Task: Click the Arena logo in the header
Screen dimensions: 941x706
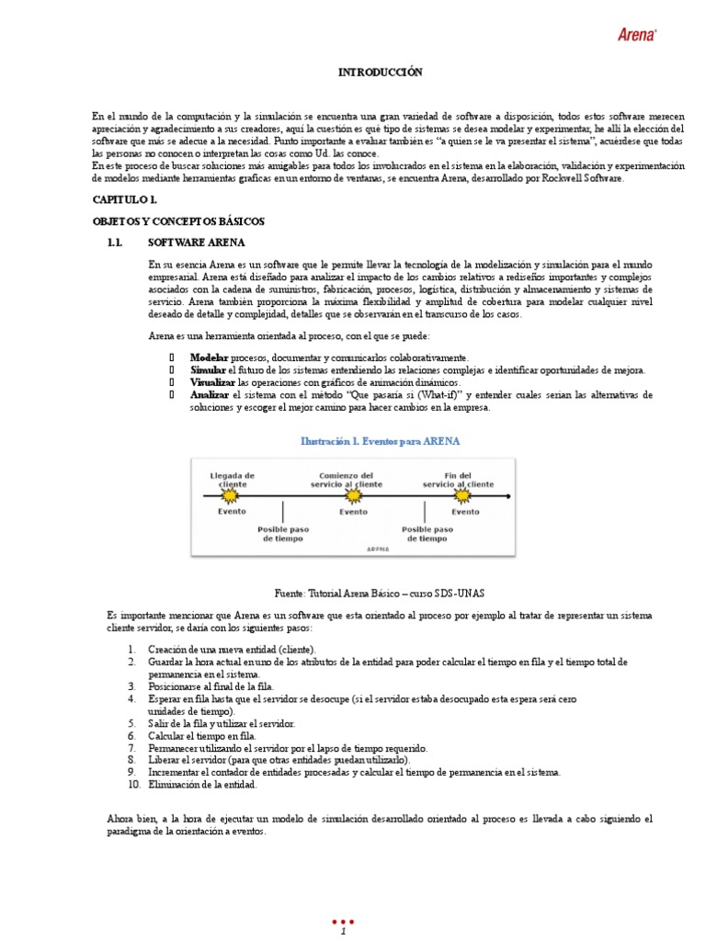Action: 636,34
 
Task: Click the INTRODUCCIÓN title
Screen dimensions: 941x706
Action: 381,72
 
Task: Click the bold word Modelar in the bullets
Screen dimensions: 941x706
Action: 210,357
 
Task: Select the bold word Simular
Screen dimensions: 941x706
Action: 208,369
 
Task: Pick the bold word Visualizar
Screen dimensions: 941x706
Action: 212,381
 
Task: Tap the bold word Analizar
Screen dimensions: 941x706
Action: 210,394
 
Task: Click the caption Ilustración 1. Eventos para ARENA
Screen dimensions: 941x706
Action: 381,441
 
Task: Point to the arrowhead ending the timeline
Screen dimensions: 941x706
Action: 507,497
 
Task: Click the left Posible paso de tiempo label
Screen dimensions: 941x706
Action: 283,534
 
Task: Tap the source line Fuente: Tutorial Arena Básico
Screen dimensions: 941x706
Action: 381,595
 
